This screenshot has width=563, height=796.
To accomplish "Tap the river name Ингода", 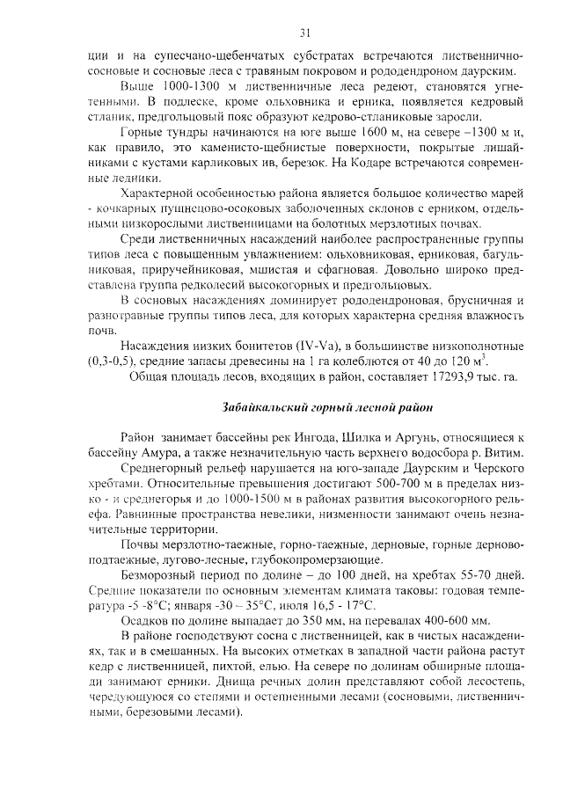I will click(338, 437).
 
